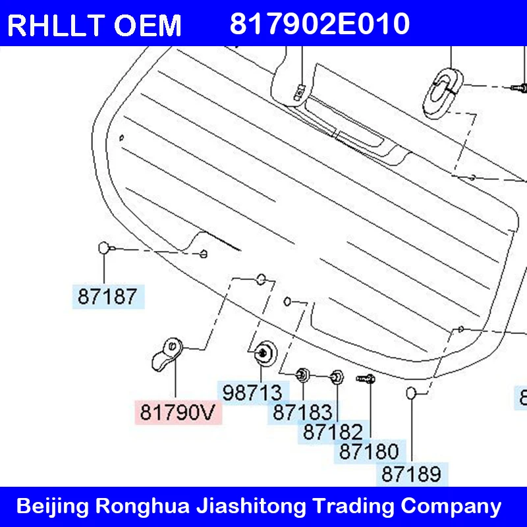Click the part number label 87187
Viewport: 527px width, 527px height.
point(108,296)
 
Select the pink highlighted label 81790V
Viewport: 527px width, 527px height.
point(178,412)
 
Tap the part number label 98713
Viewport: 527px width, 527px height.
point(253,393)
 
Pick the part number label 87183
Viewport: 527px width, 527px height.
point(303,412)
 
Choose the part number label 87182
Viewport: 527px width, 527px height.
point(333,431)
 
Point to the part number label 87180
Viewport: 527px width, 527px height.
point(370,451)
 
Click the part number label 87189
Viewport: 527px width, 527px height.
point(412,474)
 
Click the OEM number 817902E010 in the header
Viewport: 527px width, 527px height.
point(319,24)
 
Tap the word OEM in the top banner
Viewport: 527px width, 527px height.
point(148,26)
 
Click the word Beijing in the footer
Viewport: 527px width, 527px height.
point(53,506)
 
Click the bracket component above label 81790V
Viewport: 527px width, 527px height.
point(167,355)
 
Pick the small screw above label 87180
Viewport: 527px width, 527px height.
point(366,379)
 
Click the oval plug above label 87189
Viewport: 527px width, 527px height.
point(411,393)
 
